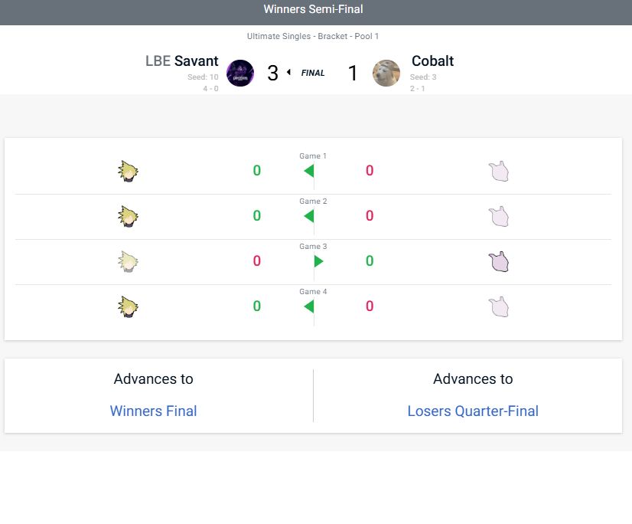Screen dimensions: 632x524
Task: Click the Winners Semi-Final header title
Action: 313,9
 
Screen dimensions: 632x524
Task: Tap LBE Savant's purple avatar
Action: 240,73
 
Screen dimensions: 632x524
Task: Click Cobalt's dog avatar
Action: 386,73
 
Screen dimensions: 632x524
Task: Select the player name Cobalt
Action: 432,61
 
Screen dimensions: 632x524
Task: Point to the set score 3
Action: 273,73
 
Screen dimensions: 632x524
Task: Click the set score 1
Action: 353,73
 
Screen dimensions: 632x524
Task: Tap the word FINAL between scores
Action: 313,73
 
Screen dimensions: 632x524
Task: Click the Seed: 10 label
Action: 203,77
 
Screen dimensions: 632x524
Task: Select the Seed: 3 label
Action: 423,77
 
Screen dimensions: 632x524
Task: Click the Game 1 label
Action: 313,156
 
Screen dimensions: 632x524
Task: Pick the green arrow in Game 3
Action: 318,261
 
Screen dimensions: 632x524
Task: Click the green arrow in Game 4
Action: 309,306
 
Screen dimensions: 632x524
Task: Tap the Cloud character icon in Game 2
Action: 129,216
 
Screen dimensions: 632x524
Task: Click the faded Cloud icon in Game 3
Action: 129,261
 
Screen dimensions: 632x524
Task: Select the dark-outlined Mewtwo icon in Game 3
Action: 499,261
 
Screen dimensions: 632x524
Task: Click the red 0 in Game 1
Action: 370,170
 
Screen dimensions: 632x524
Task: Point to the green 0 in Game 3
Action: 370,260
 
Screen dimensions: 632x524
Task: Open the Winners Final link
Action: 153,411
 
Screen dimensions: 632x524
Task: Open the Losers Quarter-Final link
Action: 473,411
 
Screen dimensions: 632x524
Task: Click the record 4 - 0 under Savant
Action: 210,88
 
